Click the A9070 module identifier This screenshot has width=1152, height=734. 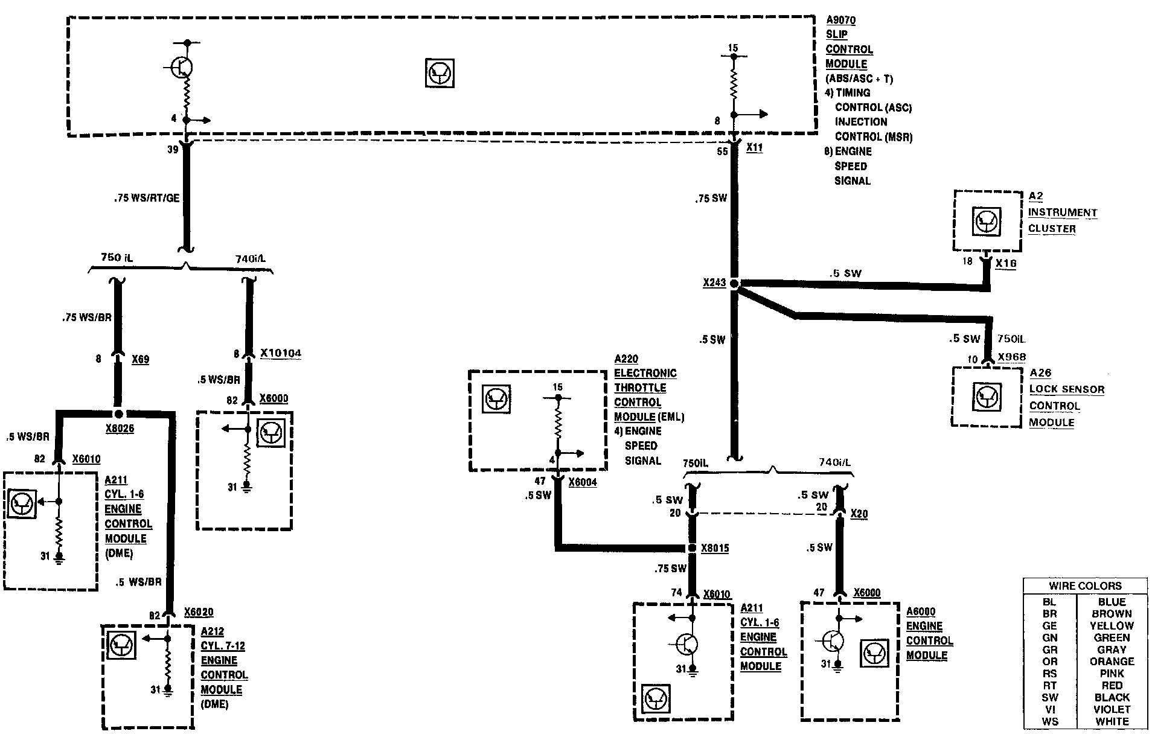click(840, 21)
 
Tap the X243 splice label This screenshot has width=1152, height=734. click(714, 282)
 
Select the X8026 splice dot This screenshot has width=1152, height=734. click(119, 414)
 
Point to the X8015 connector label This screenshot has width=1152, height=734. click(715, 549)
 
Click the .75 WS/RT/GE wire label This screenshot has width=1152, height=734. click(147, 198)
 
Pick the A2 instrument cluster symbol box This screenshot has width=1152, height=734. click(987, 222)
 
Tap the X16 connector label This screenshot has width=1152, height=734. click(1006, 264)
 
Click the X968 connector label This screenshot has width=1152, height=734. click(1011, 357)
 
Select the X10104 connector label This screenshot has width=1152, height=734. click(281, 353)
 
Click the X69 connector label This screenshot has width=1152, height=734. click(140, 359)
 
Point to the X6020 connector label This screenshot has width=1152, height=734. click(199, 612)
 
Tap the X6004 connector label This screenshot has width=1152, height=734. click(583, 482)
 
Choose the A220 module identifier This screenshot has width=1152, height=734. click(626, 359)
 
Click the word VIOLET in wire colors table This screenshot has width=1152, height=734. click(1112, 709)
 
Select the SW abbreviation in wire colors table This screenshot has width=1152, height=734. click(1049, 697)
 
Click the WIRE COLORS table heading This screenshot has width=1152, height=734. click(1085, 586)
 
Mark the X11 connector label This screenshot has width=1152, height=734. click(754, 147)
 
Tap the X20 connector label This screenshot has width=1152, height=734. click(859, 514)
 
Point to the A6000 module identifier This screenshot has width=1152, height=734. click(921, 612)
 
